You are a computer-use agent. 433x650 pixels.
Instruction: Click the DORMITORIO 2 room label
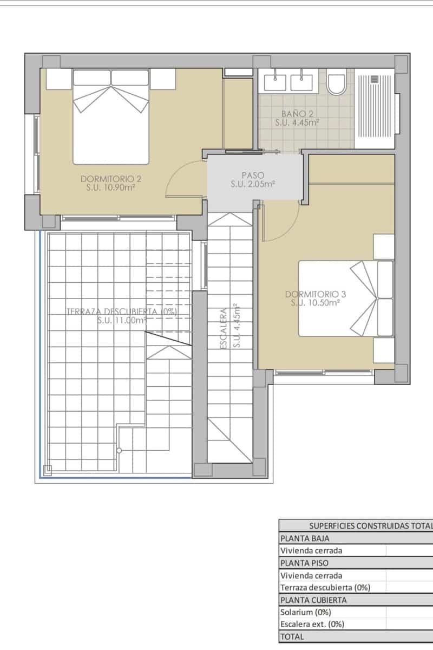point(111,179)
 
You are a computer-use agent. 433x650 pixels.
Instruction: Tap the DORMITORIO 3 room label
point(315,294)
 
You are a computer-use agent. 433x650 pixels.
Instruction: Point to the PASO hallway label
point(253,175)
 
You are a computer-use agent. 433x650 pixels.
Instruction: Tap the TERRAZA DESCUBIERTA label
point(122,311)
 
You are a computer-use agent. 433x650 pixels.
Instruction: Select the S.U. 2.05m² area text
point(253,185)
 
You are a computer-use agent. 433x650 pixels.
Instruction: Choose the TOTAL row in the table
point(292,636)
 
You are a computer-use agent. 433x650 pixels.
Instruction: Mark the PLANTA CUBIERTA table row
point(313,600)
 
